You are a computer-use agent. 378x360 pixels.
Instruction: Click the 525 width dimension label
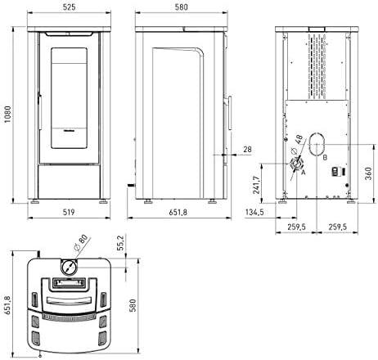(69, 7)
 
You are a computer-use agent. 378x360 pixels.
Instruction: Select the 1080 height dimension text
(7, 115)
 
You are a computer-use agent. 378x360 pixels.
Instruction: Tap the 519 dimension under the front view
(69, 212)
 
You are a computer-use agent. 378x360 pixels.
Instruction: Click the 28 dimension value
(247, 149)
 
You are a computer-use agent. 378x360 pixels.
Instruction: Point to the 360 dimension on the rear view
(368, 173)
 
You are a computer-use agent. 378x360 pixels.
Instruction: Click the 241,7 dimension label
(256, 185)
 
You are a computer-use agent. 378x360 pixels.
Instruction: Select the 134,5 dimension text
(254, 212)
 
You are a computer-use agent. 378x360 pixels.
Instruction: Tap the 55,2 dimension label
(121, 243)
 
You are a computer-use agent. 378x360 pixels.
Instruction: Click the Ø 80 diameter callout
(81, 242)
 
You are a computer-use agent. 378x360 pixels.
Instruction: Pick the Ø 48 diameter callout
(297, 144)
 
